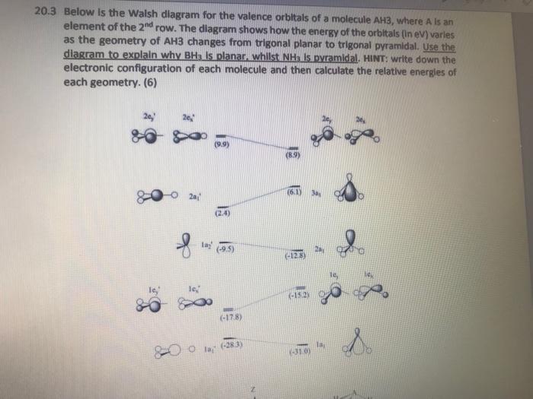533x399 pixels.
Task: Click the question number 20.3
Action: [46, 13]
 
